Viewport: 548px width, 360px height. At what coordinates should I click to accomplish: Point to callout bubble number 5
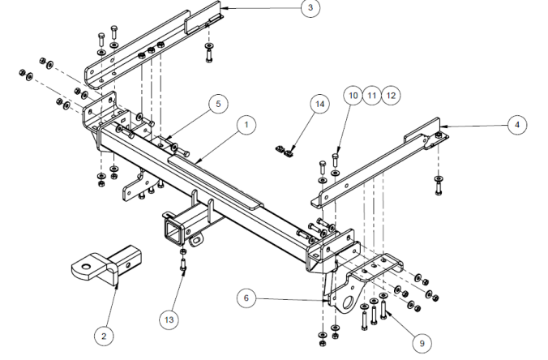tap(216, 104)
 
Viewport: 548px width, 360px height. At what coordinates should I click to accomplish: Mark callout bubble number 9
tap(420, 342)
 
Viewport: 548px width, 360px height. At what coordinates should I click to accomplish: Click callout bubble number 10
tap(353, 95)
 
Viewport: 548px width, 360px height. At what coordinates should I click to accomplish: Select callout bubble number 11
tap(372, 95)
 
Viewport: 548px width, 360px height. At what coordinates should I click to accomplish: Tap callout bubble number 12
tap(392, 95)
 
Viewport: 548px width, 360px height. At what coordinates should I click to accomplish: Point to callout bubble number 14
tap(319, 106)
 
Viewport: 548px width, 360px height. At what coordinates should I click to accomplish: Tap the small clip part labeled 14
tap(285, 148)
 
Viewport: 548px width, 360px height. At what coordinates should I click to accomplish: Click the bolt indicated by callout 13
tap(185, 264)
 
